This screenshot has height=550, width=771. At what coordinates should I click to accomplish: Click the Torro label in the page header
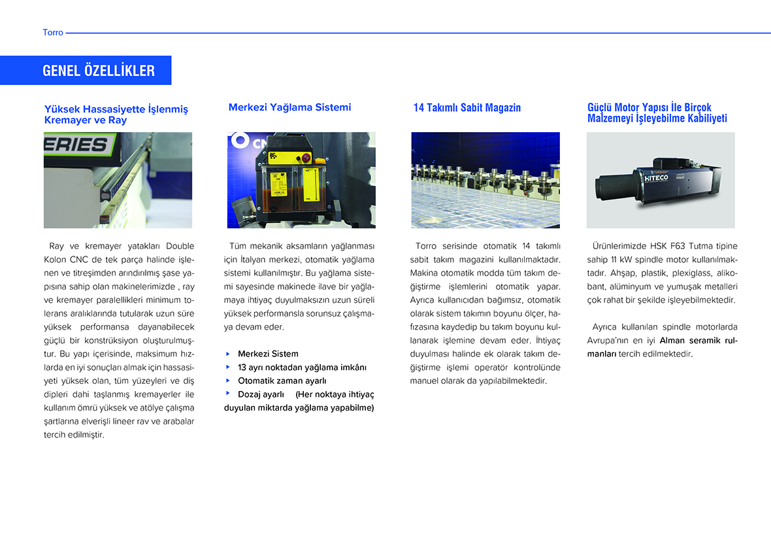click(53, 32)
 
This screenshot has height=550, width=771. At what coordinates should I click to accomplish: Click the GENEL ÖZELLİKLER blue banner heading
click(98, 71)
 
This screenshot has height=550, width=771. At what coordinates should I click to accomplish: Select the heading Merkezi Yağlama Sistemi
click(289, 107)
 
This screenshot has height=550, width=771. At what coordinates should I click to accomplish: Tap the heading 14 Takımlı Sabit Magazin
click(467, 108)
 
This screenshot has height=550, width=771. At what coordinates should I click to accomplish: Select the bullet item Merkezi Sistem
click(268, 354)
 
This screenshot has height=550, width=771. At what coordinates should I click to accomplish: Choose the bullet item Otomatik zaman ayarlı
click(282, 381)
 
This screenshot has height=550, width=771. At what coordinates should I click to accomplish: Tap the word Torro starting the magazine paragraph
click(427, 246)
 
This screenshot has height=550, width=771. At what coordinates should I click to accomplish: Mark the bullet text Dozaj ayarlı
click(261, 394)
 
